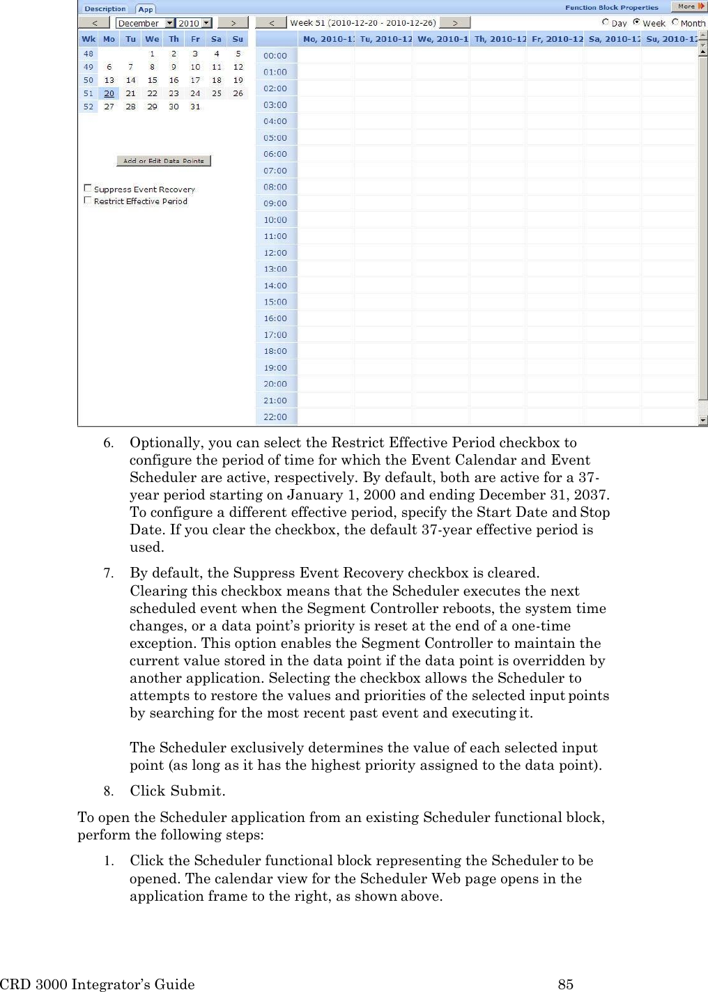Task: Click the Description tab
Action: [x=105, y=9]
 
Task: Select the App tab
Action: [x=145, y=9]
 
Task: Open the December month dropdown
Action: [x=169, y=23]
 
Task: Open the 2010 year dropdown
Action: [x=206, y=23]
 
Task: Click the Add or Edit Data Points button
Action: [x=164, y=161]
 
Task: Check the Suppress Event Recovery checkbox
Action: [x=88, y=188]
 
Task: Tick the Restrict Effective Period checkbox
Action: [x=88, y=201]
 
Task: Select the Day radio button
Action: [x=606, y=22]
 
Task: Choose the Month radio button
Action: [x=675, y=22]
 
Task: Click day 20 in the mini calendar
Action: [x=109, y=93]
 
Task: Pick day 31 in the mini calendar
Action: [x=195, y=107]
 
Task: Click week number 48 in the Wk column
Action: [x=88, y=54]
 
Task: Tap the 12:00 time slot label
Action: [x=275, y=253]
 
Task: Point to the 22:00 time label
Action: [x=275, y=417]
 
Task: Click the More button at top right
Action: [x=688, y=6]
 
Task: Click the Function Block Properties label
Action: [x=611, y=8]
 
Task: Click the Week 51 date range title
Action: [x=362, y=23]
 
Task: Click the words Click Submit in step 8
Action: [x=177, y=791]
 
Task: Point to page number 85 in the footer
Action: [x=566, y=984]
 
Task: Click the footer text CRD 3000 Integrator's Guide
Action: [x=98, y=984]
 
